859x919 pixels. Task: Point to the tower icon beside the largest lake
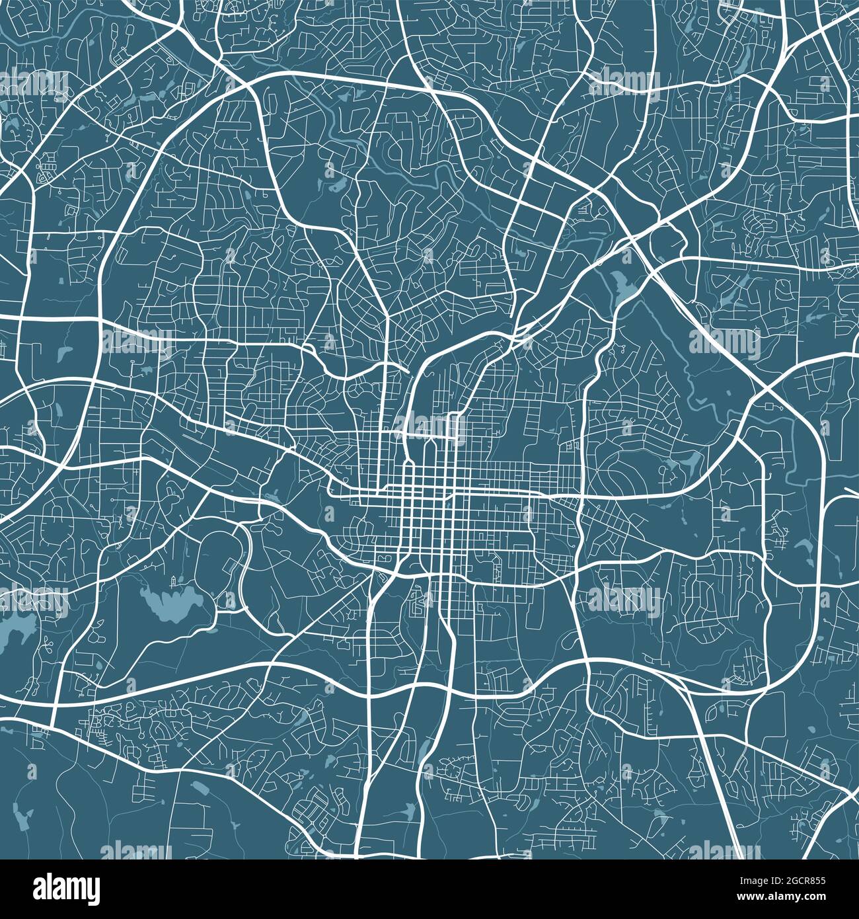pyautogui.click(x=174, y=581)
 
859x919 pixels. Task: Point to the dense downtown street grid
pyautogui.click(x=436, y=516)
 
